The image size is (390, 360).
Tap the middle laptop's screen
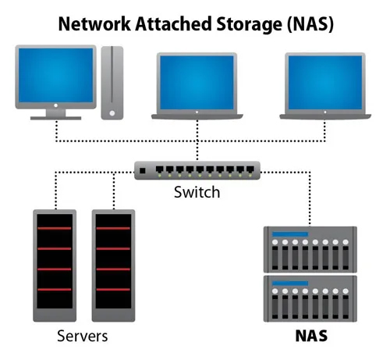coord(196,82)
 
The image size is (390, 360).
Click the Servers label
coord(82,337)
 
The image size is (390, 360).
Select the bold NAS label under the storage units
coord(311,337)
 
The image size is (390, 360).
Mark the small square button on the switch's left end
coord(143,170)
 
